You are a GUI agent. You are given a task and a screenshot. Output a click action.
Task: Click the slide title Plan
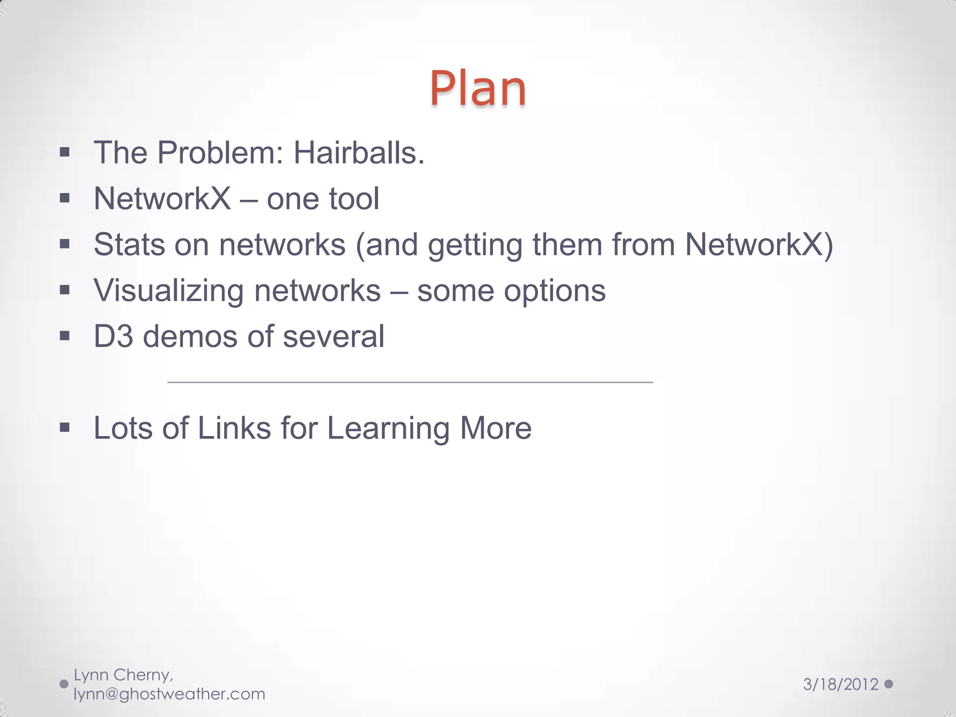[x=478, y=89]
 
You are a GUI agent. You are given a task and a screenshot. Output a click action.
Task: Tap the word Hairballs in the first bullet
[x=358, y=153]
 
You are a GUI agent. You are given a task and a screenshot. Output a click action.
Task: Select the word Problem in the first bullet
[x=220, y=153]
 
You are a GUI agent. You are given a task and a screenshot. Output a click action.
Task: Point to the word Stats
[x=129, y=245]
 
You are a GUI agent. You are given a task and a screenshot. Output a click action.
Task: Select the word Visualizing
[x=169, y=291]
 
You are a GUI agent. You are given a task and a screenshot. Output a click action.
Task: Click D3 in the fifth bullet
[x=113, y=336]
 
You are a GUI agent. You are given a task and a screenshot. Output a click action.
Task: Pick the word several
[x=333, y=336]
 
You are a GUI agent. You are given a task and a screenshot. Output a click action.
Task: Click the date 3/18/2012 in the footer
[x=841, y=684]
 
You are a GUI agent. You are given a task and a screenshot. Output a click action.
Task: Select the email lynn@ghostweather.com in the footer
[x=169, y=694]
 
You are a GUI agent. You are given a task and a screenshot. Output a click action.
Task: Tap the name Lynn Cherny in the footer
[x=123, y=675]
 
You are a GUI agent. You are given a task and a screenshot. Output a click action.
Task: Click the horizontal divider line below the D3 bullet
[x=410, y=382]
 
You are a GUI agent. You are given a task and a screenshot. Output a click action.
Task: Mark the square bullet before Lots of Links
[x=65, y=427]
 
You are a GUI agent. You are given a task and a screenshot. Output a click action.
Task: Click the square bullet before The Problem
[x=65, y=152]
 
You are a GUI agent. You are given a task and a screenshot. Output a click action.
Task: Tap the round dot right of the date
[x=889, y=684]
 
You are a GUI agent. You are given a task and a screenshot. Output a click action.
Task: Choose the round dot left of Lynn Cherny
[x=64, y=684]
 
